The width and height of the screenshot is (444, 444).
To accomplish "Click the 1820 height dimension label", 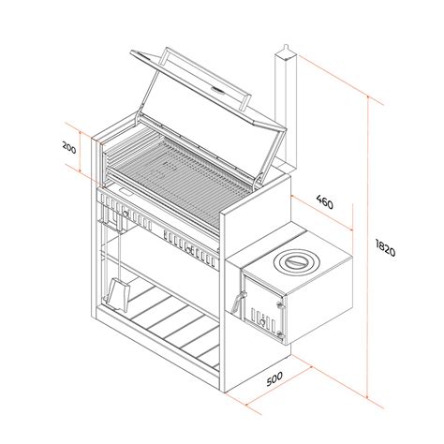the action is coord(385,247).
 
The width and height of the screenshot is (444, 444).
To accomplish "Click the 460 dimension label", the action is coord(325,201).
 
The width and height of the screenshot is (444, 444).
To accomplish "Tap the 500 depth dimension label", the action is coord(274,378).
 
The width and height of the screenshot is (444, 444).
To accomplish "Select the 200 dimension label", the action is coord(69,147).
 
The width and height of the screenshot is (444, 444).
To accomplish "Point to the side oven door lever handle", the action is coord(238,302).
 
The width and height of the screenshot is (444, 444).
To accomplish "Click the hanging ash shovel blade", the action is coord(118,294).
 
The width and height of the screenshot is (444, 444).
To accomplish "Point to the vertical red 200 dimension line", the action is coord(81,152).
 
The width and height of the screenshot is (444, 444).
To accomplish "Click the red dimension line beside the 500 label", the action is coord(279,386).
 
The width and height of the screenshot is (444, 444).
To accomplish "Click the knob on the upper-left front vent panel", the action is coord(126,214).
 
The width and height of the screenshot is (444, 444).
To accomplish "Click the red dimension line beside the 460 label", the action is coord(322,214).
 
